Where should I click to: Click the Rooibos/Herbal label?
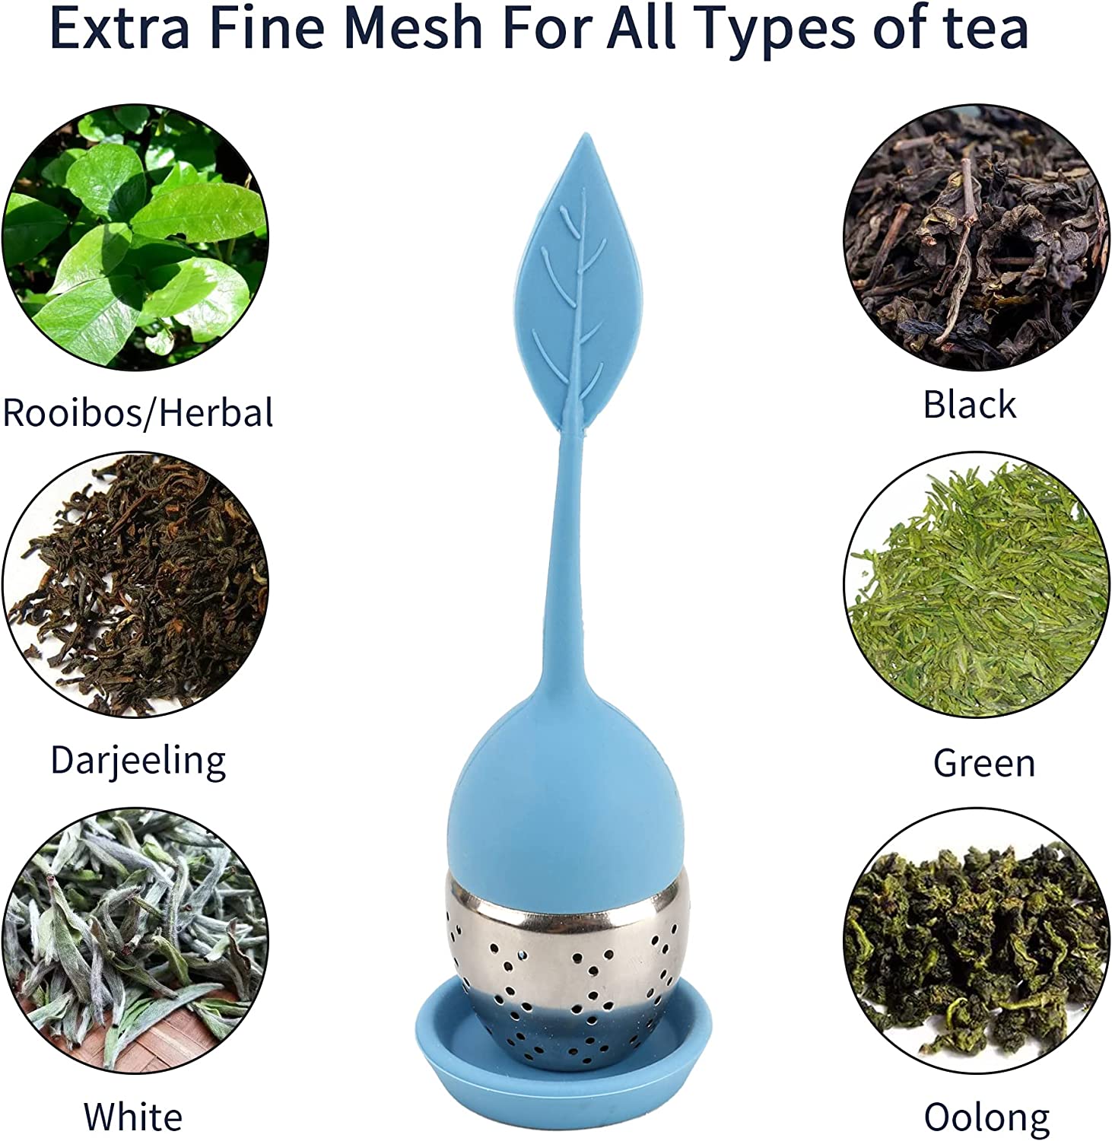coord(138,413)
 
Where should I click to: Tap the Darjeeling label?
coord(138,761)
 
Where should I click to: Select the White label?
coord(133,1116)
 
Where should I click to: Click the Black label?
coord(969,404)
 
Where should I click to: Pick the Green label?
coord(984,763)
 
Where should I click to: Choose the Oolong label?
coord(987,1117)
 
